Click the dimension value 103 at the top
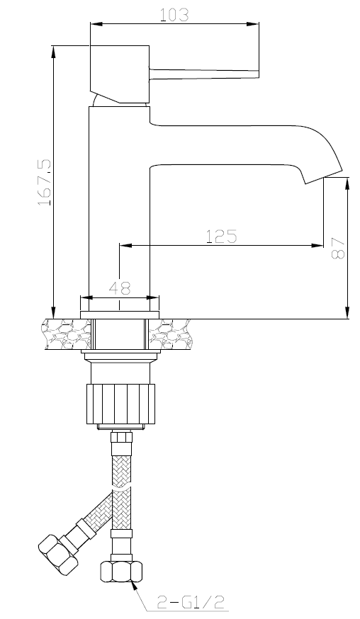tap(174, 15)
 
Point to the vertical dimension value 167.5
tap(44, 183)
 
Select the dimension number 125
tap(221, 236)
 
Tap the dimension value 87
tap(338, 247)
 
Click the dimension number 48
tap(120, 288)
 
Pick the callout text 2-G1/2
tap(191, 602)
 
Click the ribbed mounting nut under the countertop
tap(120, 404)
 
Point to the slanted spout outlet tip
tap(323, 176)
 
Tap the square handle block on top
tap(120, 74)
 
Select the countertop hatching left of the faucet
tap(67, 334)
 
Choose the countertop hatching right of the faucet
tap(171, 334)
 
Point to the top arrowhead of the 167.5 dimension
tap(53, 52)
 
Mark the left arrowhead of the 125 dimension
tap(125, 246)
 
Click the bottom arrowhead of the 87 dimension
tap(348, 312)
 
